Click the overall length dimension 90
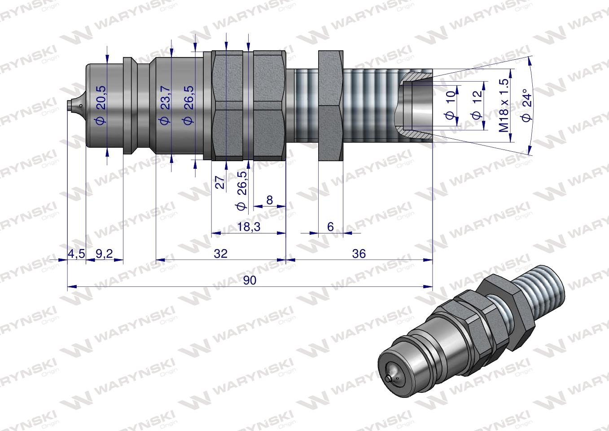[x=250, y=280]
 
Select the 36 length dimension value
[x=359, y=254]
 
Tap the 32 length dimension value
[x=221, y=254]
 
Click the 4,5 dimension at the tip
[x=76, y=254]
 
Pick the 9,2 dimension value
[x=104, y=254]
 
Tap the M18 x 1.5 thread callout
[x=504, y=105]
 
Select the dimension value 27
[x=220, y=182]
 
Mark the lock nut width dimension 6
[x=330, y=227]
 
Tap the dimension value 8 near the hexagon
[x=269, y=200]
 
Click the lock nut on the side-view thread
[x=331, y=106]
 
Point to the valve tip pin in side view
[x=72, y=106]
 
